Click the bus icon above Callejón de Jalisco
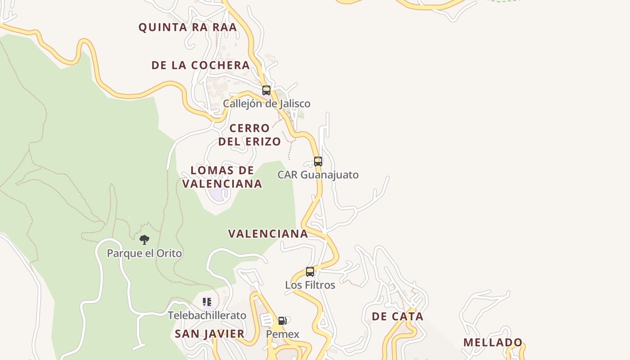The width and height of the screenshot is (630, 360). point(266,90)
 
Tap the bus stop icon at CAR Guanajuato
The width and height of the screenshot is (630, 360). point(318,161)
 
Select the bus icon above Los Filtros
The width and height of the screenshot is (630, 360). point(310,271)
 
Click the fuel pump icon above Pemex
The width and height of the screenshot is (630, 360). point(283,321)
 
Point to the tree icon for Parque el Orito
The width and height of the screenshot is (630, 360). point(144,239)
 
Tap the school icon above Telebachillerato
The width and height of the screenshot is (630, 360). point(207,301)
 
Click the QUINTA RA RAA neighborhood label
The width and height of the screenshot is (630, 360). point(187,27)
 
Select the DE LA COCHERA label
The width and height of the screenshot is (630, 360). point(201,65)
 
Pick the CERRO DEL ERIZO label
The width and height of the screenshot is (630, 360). point(250,135)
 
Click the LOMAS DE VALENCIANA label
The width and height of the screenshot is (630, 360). point(222,177)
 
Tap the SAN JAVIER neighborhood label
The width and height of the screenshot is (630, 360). point(210,334)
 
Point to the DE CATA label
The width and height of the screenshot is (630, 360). point(397,316)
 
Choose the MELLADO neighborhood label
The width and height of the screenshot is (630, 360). point(493,342)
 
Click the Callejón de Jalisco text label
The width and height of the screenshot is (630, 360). point(267,104)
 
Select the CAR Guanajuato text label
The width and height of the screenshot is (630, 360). point(318,175)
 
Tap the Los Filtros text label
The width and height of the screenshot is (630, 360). point(310,285)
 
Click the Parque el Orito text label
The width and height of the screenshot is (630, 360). point(144,253)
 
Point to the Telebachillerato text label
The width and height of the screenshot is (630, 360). point(207,315)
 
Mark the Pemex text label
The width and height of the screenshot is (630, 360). point(283,334)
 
